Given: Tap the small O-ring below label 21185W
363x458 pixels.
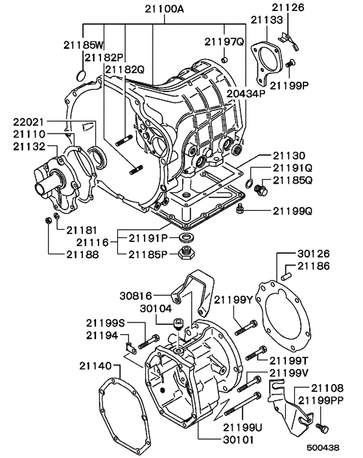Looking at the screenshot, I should tap(80, 76).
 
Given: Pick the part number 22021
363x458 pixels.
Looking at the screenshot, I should tap(29, 121).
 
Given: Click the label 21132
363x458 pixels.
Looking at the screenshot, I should tap(29, 148).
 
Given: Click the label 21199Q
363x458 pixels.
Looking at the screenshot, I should tap(293, 210).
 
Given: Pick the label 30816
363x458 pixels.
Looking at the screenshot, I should tap(135, 296).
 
